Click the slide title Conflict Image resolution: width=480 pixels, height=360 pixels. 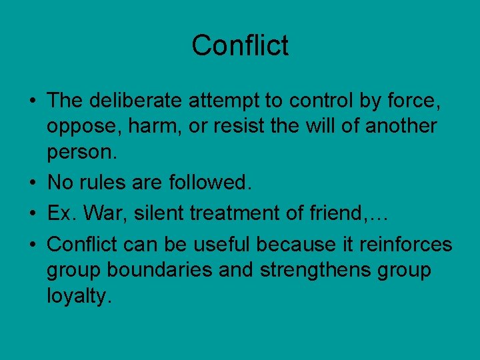240,46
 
